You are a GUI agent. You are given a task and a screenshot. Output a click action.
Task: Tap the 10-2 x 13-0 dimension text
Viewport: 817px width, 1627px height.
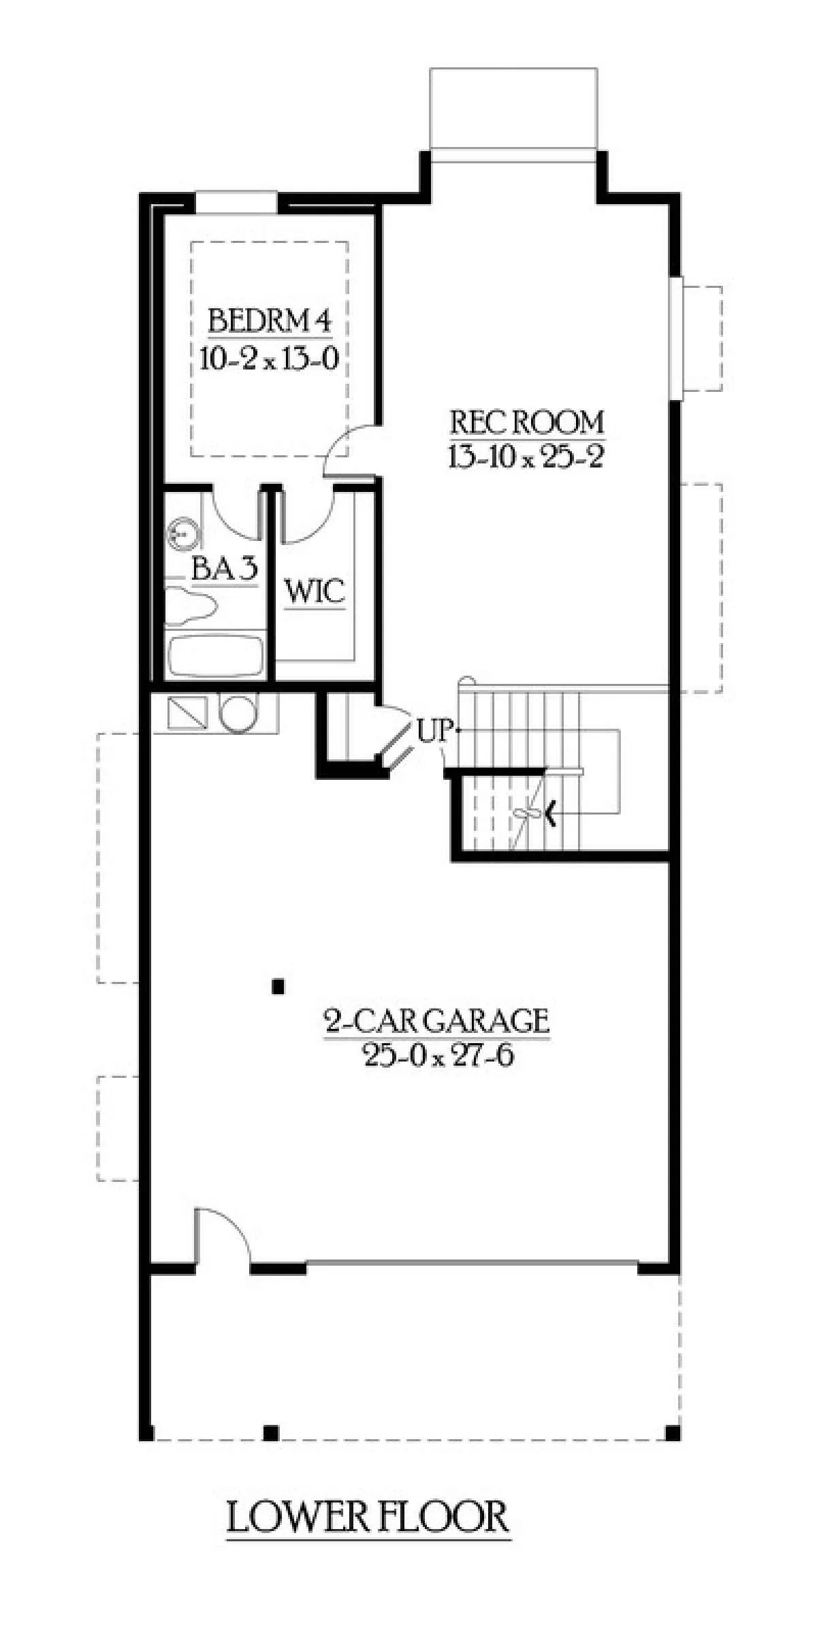[x=270, y=358]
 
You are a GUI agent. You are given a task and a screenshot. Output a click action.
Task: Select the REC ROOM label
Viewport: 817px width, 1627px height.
[x=527, y=423]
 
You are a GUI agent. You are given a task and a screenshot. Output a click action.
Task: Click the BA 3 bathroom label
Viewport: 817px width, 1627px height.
[x=225, y=570]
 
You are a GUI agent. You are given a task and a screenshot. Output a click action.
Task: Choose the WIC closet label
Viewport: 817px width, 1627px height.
[x=315, y=592]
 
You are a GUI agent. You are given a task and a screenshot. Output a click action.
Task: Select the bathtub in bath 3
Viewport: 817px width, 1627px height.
[x=215, y=656]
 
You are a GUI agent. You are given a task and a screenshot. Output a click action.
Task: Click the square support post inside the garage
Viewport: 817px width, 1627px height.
[x=278, y=987]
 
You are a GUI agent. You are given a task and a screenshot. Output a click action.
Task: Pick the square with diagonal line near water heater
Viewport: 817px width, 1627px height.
[x=187, y=713]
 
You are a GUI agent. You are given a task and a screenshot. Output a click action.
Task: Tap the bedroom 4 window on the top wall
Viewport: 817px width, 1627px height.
[x=236, y=203]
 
